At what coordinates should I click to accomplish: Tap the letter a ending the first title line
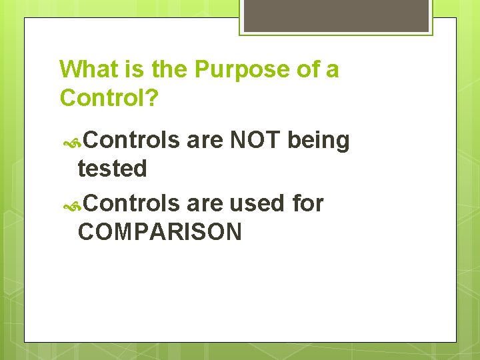pyautogui.click(x=332, y=70)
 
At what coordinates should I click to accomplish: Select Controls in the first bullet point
pyautogui.click(x=132, y=140)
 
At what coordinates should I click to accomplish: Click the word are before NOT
pyautogui.click(x=205, y=141)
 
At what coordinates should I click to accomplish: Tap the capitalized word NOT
pyautogui.click(x=255, y=140)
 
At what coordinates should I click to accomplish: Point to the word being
pyautogui.click(x=319, y=141)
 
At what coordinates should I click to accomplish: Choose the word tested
pyautogui.click(x=112, y=169)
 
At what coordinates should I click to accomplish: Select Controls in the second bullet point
pyautogui.click(x=132, y=203)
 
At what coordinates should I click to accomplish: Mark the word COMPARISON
pyautogui.click(x=160, y=232)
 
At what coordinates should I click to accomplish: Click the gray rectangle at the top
pyautogui.click(x=335, y=15)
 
